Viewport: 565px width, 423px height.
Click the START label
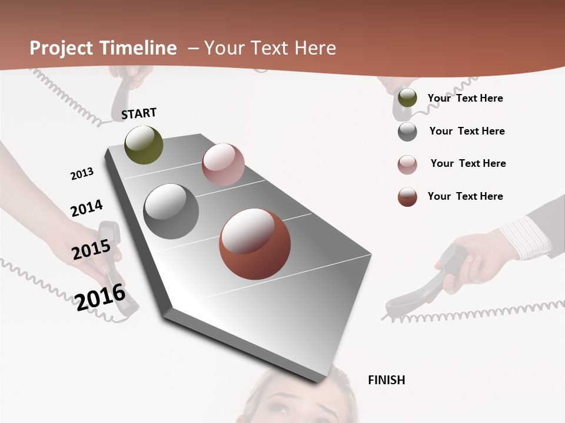click(x=139, y=113)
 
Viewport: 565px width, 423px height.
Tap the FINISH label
click(x=386, y=380)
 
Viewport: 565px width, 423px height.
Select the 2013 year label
click(x=82, y=173)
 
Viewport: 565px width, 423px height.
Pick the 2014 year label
click(x=87, y=209)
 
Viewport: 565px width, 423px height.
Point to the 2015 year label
click(x=91, y=250)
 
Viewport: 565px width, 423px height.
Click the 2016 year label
click(x=100, y=297)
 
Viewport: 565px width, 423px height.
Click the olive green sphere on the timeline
click(x=144, y=145)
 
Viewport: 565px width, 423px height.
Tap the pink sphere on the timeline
click(x=223, y=164)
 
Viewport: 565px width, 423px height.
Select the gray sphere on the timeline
click(x=171, y=211)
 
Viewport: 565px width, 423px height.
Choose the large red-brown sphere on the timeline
click(x=255, y=244)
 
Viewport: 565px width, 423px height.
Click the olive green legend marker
click(x=407, y=98)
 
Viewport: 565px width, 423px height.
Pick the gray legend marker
click(x=407, y=132)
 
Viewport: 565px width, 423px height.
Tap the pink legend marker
click(x=407, y=164)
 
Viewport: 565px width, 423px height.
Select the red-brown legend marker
click(x=407, y=197)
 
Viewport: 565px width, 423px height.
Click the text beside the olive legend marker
click(x=465, y=98)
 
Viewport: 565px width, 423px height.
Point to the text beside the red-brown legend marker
click(x=465, y=196)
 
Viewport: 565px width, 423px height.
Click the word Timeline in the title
click(x=138, y=48)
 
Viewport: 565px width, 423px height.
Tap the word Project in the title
click(x=62, y=48)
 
